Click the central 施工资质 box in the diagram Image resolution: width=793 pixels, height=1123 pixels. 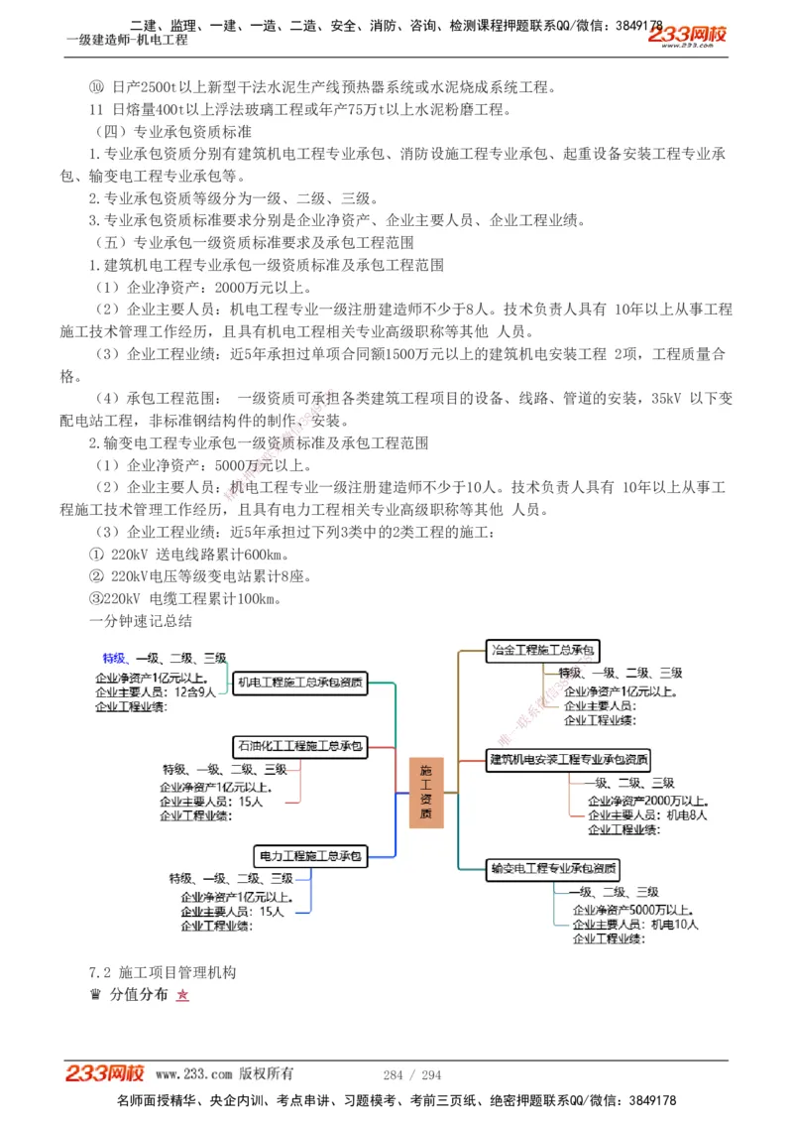click(x=425, y=792)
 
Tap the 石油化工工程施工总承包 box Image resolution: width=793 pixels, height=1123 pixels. click(x=299, y=745)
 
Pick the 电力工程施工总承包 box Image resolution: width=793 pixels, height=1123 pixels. click(x=310, y=855)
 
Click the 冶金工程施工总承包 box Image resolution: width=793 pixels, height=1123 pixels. click(x=543, y=651)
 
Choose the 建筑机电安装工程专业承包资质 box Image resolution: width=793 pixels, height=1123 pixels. click(x=569, y=760)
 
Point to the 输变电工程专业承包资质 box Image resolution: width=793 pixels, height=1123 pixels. click(x=554, y=869)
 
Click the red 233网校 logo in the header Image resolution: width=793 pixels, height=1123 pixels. click(x=687, y=36)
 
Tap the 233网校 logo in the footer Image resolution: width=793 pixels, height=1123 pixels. click(x=105, y=1073)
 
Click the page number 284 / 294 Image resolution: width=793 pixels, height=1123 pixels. click(x=411, y=1074)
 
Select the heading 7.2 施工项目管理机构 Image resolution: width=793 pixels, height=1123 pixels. click(x=163, y=972)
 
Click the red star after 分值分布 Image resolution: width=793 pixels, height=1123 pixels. click(x=182, y=995)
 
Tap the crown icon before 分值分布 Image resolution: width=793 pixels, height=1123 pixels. click(x=95, y=994)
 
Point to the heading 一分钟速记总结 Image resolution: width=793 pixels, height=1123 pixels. click(x=141, y=622)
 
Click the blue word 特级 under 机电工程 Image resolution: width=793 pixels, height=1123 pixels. click(x=114, y=658)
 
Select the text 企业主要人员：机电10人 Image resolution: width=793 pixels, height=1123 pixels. click(x=635, y=925)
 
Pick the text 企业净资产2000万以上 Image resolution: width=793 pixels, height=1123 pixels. click(x=647, y=801)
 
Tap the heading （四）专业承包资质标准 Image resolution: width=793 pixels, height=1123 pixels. click(x=172, y=131)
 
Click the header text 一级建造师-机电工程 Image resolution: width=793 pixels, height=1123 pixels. click(x=127, y=41)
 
